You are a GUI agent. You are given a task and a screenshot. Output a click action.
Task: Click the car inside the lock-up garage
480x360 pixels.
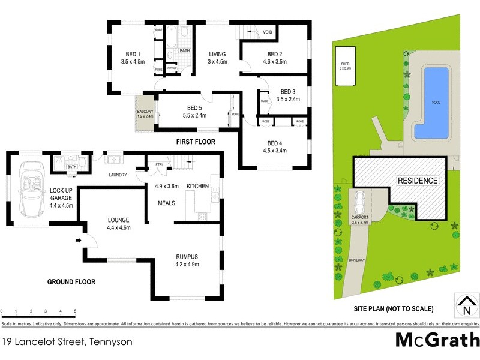[x=29, y=189]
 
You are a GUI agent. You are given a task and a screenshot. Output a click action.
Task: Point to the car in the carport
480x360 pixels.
[x=361, y=202]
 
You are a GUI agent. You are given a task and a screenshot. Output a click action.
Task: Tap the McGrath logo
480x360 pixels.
[x=437, y=340]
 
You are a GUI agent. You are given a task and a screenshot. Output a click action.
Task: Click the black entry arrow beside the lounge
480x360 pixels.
[x=79, y=241]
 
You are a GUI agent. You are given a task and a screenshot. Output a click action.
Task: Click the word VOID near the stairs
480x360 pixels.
[x=268, y=32]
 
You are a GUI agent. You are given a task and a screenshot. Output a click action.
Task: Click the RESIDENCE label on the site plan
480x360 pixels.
[x=417, y=181]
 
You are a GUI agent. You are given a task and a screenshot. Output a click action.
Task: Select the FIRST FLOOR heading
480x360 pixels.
[x=195, y=142]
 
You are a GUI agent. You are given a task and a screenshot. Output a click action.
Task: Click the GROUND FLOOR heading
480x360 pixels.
[x=71, y=281]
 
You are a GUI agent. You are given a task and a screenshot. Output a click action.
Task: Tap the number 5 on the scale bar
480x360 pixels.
[x=75, y=311]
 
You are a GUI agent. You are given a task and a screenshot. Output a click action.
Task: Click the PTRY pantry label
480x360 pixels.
[x=160, y=164]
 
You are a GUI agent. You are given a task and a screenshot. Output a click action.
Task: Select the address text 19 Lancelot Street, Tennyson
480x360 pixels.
[x=67, y=341]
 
